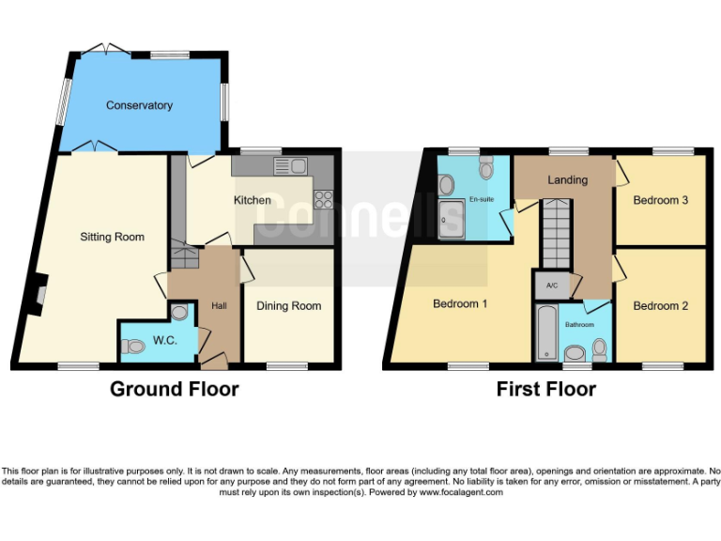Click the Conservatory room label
139,105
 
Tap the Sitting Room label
112,237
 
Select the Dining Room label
288,305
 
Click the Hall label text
219,305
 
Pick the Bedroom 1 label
461,304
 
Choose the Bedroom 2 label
660,305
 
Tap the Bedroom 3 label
660,200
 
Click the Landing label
567,179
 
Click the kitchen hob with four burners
324,198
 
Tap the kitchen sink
290,166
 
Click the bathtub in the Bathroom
545,331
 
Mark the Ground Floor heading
175,389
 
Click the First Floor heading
545,389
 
